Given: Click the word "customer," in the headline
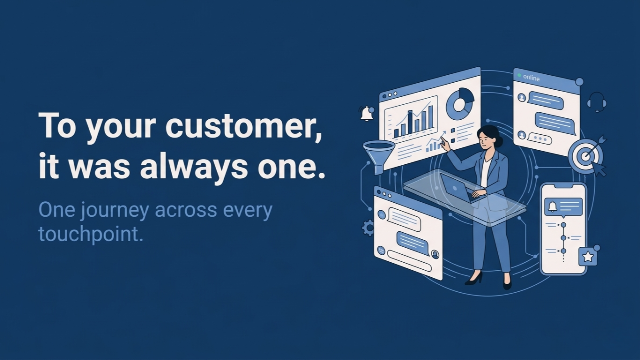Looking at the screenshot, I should (244, 126).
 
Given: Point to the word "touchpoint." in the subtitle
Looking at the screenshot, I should (91, 234).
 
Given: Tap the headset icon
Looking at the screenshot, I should (596, 102).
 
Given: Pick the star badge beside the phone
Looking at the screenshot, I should (588, 257).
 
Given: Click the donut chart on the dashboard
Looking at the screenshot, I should (460, 103).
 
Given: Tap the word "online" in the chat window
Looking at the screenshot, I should (531, 78).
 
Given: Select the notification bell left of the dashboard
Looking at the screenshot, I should (367, 114).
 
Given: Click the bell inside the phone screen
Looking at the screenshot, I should (552, 207).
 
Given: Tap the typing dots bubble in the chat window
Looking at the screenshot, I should (540, 138).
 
